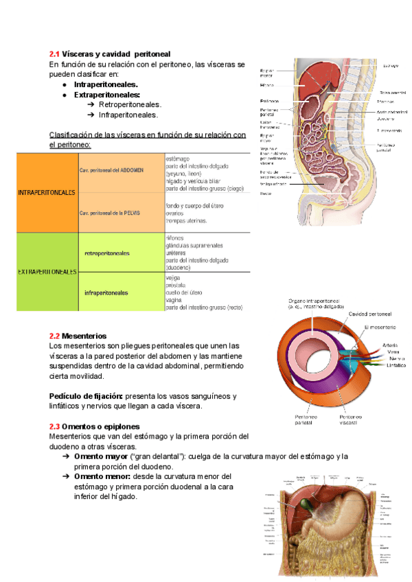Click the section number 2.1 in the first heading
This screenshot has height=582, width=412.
click(54, 54)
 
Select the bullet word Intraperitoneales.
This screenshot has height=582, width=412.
click(106, 84)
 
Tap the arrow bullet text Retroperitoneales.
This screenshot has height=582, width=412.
click(130, 104)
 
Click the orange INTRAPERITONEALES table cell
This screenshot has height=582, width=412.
click(46, 193)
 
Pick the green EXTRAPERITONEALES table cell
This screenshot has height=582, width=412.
click(46, 272)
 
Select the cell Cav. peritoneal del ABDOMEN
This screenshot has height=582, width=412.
click(111, 170)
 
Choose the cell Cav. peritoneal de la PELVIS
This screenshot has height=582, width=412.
click(110, 213)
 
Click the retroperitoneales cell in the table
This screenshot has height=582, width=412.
click(106, 253)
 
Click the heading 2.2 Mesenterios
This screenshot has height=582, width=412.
click(78, 336)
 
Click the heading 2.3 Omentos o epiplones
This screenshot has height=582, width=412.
click(94, 426)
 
